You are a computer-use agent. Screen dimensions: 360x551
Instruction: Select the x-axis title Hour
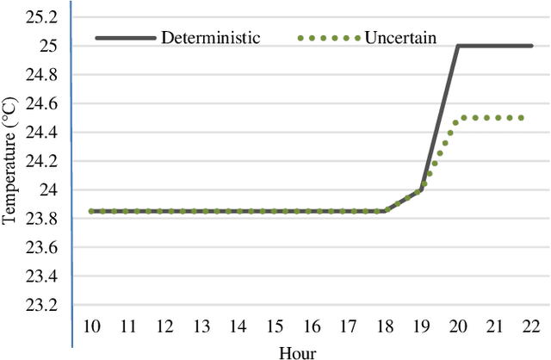[297, 352]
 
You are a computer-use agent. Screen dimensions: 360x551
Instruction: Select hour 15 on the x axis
[275, 327]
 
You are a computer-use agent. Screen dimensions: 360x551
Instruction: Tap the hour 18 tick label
[385, 327]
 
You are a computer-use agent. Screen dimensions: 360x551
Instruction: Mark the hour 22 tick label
[531, 327]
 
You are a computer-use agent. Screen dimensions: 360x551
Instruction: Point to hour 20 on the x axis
[458, 327]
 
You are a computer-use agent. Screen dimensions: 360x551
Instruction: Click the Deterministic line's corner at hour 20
[458, 46]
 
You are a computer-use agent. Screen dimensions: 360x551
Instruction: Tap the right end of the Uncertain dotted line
[522, 117]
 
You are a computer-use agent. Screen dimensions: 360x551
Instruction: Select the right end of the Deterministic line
[530, 46]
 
